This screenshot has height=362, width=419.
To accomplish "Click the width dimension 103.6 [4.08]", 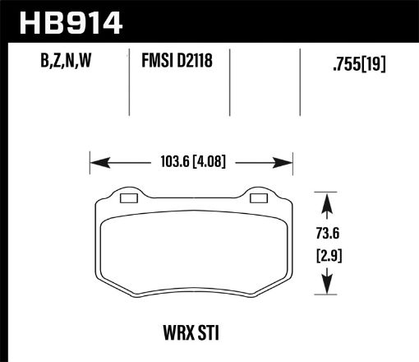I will [191, 162].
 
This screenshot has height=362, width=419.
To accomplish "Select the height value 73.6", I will [329, 233].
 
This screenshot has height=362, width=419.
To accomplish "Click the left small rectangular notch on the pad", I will [128, 197].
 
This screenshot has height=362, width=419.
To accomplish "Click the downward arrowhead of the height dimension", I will [329, 288].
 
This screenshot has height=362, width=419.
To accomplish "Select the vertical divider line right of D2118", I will [229, 82].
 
